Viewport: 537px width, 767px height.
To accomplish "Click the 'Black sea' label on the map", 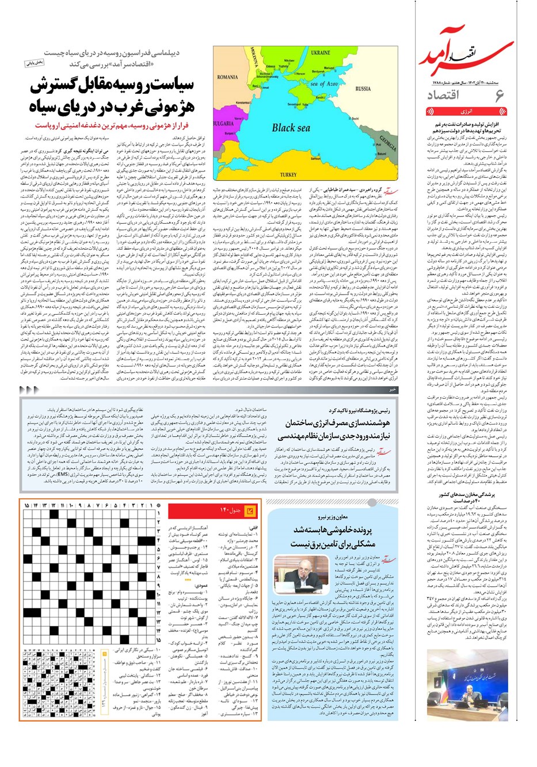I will pos(291,128).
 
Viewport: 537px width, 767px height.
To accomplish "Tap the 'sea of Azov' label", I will pos(324,84).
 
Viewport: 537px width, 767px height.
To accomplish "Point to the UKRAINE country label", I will pos(321,53).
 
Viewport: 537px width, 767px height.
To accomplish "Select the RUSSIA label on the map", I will pos(363,89).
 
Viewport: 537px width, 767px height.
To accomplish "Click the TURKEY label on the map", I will pos(288,174).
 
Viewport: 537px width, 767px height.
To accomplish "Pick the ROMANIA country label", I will pos(227,77).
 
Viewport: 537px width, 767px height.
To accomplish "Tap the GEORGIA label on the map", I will pos(387,141).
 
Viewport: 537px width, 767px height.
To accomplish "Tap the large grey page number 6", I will pos(499,96).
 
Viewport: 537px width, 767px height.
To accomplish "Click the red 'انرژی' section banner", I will pos(466,112).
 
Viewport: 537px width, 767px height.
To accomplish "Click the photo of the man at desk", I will pos(292,573).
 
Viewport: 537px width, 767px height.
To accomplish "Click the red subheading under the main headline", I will pos(112,125).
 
